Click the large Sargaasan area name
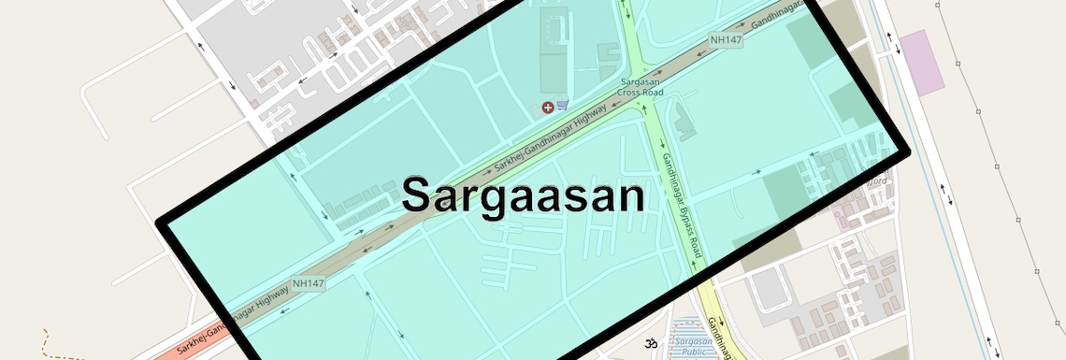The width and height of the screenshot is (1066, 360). pyautogui.click(x=524, y=196)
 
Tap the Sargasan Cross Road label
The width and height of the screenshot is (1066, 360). pyautogui.click(x=641, y=88)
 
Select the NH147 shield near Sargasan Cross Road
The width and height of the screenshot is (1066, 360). pyautogui.click(x=726, y=40)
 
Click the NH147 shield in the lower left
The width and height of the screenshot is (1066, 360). pyautogui.click(x=308, y=283)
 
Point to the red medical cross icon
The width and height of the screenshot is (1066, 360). pyautogui.click(x=547, y=108)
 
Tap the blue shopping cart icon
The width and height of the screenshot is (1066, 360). pyautogui.click(x=563, y=106)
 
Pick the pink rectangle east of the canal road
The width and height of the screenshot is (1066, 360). pyautogui.click(x=924, y=62)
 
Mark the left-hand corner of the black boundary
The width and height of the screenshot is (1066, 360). pyautogui.click(x=161, y=223)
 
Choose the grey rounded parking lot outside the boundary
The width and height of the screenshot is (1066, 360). pyautogui.click(x=771, y=289)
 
